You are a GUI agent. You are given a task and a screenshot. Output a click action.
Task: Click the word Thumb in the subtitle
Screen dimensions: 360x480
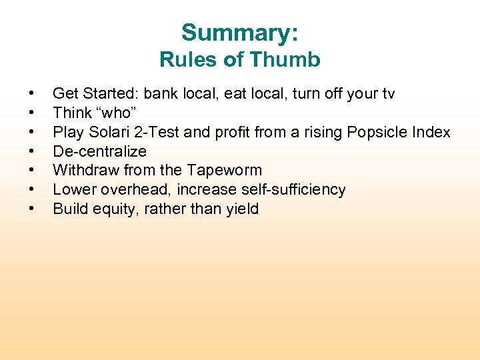click(x=290, y=60)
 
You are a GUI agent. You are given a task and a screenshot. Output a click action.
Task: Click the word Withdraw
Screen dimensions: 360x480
click(x=81, y=171)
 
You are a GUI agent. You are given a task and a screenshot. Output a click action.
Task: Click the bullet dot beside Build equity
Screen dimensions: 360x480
click(x=31, y=209)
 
